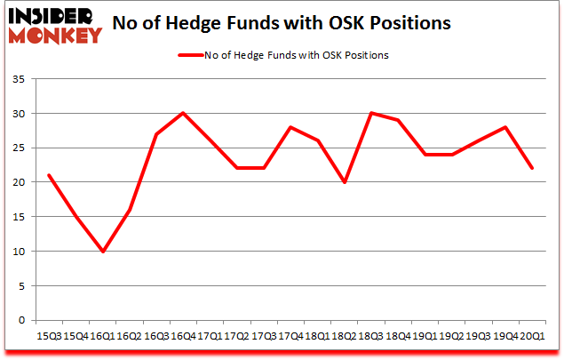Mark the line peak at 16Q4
[x=183, y=114]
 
